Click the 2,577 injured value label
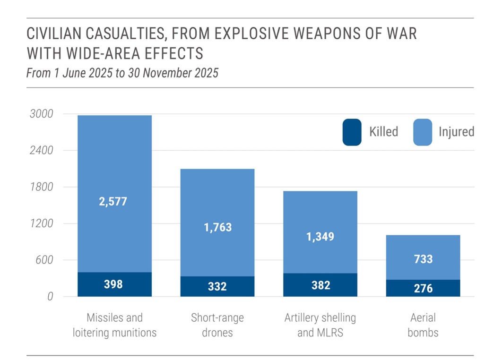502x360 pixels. pyautogui.click(x=114, y=201)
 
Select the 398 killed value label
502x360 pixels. pyautogui.click(x=114, y=284)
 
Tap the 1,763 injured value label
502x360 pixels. pyautogui.click(x=217, y=227)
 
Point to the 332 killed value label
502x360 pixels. pyautogui.click(x=217, y=286)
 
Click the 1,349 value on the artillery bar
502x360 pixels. pyautogui.click(x=320, y=236)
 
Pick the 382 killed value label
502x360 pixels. pyautogui.click(x=320, y=285)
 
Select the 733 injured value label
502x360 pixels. pyautogui.click(x=423, y=259)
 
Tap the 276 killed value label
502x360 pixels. pyautogui.click(x=423, y=288)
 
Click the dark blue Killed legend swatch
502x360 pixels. pyautogui.click(x=352, y=132)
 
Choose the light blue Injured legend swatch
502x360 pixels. pyautogui.click(x=423, y=132)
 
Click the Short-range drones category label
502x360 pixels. pyautogui.click(x=217, y=325)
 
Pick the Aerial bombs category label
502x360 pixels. pyautogui.click(x=423, y=325)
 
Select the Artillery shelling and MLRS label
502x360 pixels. pyautogui.click(x=320, y=325)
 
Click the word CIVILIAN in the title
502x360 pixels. pyautogui.click(x=58, y=35)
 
